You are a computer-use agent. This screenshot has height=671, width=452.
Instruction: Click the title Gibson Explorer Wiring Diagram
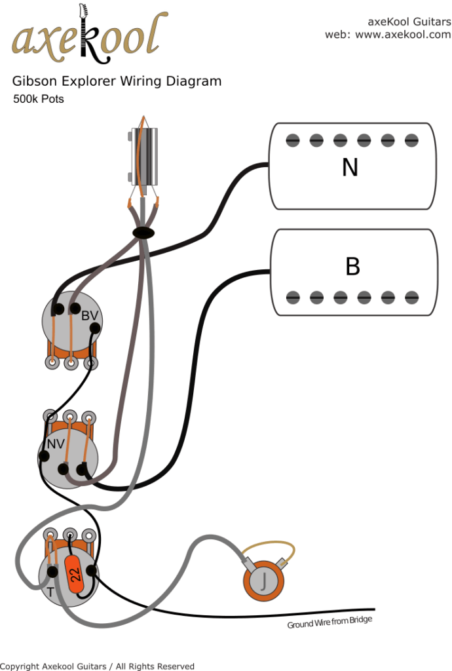click(x=117, y=81)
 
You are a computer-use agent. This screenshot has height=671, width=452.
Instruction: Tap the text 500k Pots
click(x=38, y=100)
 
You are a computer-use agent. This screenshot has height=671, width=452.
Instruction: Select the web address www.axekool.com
click(x=403, y=35)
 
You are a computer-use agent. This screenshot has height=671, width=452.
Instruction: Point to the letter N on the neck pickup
click(x=350, y=168)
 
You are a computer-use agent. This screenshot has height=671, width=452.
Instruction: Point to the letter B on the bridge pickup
click(x=352, y=267)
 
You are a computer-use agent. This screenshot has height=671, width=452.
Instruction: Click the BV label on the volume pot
click(x=90, y=316)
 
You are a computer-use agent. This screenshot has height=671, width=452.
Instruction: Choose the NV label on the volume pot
click(x=55, y=444)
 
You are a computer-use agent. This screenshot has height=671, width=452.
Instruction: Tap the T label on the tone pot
click(x=50, y=591)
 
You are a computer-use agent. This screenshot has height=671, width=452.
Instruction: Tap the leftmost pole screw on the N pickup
click(x=293, y=140)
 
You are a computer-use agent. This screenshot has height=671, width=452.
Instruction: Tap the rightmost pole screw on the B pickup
click(x=411, y=297)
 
